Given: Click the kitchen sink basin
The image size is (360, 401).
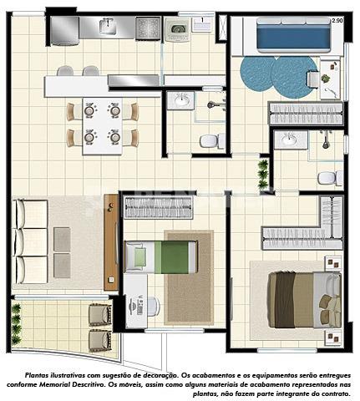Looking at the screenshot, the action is coord(107,26).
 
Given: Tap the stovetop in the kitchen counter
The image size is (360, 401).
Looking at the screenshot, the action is coord(148,28).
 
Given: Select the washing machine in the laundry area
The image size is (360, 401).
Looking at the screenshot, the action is coord(177,29).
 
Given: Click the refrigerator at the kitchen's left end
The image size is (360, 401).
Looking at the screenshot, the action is coord(64,31).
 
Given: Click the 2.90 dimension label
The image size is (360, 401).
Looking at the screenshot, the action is coord(337,21).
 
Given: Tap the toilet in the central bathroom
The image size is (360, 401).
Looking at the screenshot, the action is coord(212,140).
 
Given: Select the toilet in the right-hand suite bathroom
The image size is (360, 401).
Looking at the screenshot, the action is coord(330,178).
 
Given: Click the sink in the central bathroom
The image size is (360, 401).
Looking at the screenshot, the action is coord(181,100).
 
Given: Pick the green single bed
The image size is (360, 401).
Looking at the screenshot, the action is coord(161,256).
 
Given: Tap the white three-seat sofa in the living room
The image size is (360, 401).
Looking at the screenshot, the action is coord(30,241).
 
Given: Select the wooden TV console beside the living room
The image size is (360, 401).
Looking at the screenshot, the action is coord(111,242).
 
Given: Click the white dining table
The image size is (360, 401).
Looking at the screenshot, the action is coord(102,126).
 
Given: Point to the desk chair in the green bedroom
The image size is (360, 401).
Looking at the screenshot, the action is coord(153,307).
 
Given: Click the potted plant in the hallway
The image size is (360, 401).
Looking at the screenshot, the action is coord(262,174).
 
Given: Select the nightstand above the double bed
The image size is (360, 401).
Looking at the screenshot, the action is coord(333,263).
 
